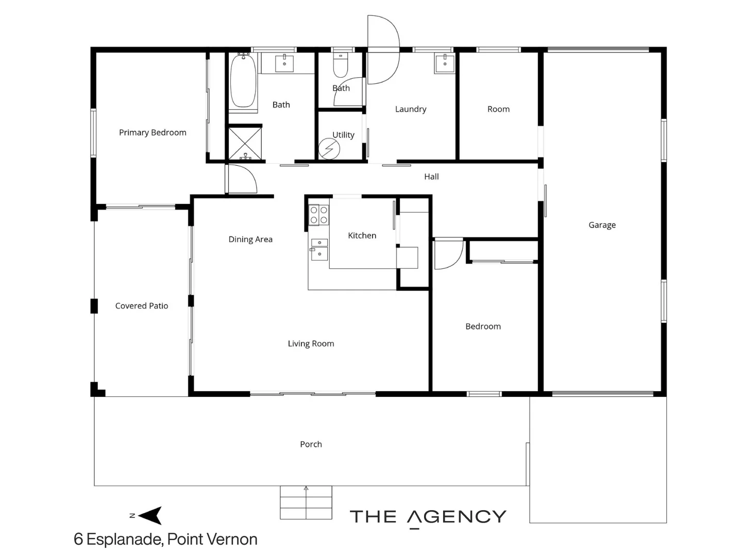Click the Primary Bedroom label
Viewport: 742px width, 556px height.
click(153, 132)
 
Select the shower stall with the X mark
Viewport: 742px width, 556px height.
click(245, 143)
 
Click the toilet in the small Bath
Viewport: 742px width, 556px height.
click(341, 66)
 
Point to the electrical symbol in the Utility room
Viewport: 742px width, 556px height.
click(329, 149)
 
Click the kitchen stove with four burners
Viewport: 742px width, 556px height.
click(318, 215)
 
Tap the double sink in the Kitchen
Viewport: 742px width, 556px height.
click(319, 249)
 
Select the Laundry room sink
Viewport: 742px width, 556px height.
click(445, 63)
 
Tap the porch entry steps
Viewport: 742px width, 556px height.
click(306, 502)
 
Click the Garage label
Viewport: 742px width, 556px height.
click(602, 225)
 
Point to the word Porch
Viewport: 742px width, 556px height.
click(311, 444)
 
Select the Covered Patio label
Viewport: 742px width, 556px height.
click(142, 306)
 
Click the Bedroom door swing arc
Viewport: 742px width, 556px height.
click(448, 255)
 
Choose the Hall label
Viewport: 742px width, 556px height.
click(431, 177)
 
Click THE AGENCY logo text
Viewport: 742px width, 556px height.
click(428, 517)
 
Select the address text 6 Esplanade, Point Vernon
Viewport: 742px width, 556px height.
click(165, 539)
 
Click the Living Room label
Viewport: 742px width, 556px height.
click(311, 343)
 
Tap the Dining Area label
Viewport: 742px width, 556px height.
click(250, 239)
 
